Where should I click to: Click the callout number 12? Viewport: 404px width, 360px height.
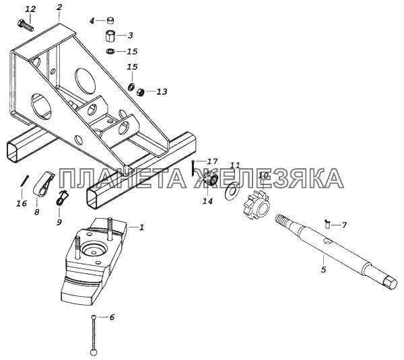(x=30, y=9)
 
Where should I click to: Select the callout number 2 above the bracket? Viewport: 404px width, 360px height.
(x=59, y=7)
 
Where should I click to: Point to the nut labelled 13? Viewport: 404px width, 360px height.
(x=141, y=92)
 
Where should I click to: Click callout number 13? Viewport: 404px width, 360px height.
(x=162, y=92)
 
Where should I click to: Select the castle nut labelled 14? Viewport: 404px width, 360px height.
(x=208, y=180)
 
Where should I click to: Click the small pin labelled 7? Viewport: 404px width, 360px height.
(x=327, y=223)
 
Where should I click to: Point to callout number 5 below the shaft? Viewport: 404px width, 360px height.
(x=323, y=270)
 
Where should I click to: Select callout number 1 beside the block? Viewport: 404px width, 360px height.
(x=141, y=227)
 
